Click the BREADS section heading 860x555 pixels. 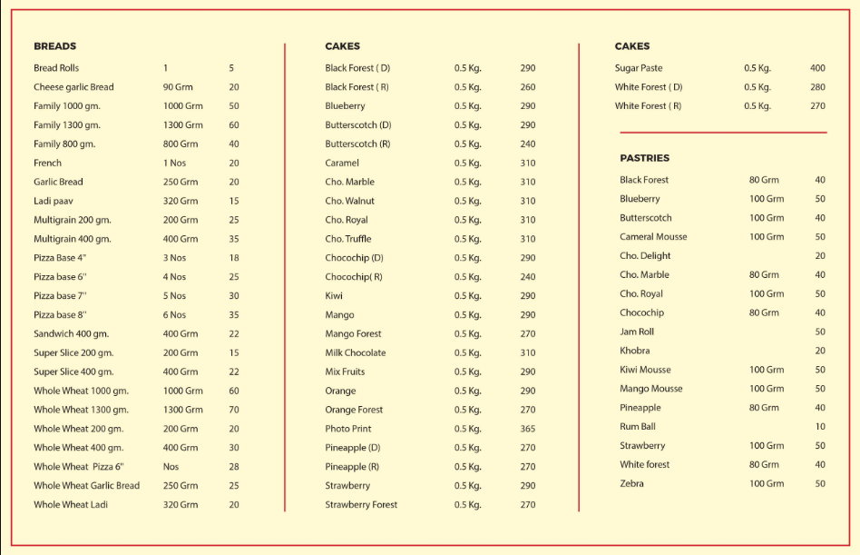tap(54, 46)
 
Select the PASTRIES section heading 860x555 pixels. tap(644, 158)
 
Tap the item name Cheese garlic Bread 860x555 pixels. tap(73, 87)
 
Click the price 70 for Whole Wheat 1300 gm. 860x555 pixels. tap(233, 410)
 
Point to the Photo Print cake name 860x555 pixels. tap(348, 429)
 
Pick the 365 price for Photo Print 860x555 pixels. tap(528, 429)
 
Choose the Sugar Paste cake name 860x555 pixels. tap(639, 68)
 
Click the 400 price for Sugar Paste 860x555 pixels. tap(817, 68)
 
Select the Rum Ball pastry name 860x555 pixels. tap(638, 427)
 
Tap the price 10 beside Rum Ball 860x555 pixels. tap(820, 427)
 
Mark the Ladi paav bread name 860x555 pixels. tap(54, 201)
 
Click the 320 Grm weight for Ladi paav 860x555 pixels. tap(181, 201)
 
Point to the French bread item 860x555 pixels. tap(48, 164)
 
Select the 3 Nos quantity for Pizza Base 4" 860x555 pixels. tap(174, 258)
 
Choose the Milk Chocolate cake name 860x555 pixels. tap(356, 352)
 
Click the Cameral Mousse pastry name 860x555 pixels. tap(653, 237)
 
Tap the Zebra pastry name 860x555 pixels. tap(631, 483)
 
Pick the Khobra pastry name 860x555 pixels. tap(635, 351)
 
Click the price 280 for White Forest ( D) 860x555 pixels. tap(817, 87)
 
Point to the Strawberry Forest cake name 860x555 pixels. tap(361, 505)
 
